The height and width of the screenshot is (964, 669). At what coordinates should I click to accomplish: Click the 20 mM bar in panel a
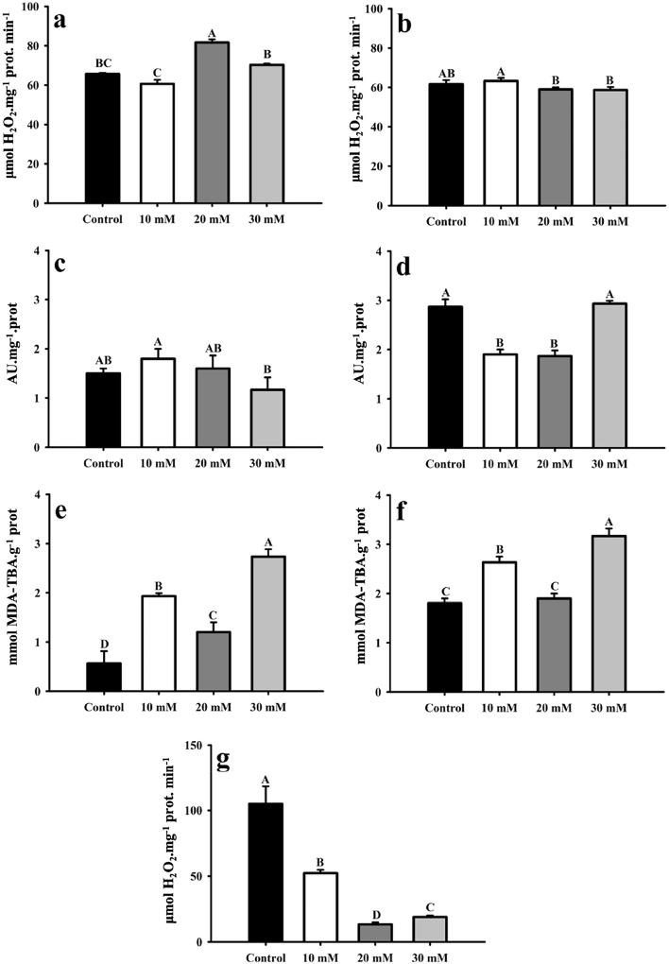click(x=212, y=122)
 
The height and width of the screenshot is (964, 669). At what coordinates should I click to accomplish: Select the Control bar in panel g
click(x=266, y=872)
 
